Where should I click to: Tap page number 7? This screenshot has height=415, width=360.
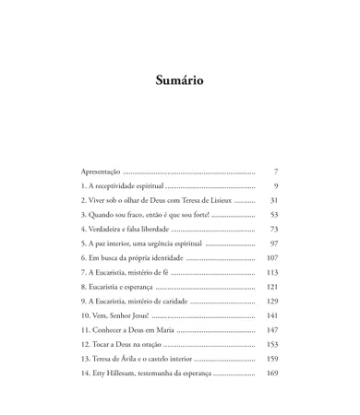[x=276, y=172]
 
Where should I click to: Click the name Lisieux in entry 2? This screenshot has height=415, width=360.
[x=216, y=200]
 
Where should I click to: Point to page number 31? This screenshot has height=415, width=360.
[x=274, y=200]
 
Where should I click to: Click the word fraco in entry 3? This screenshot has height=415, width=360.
[x=137, y=215]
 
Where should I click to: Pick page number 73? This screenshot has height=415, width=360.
[x=274, y=229]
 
